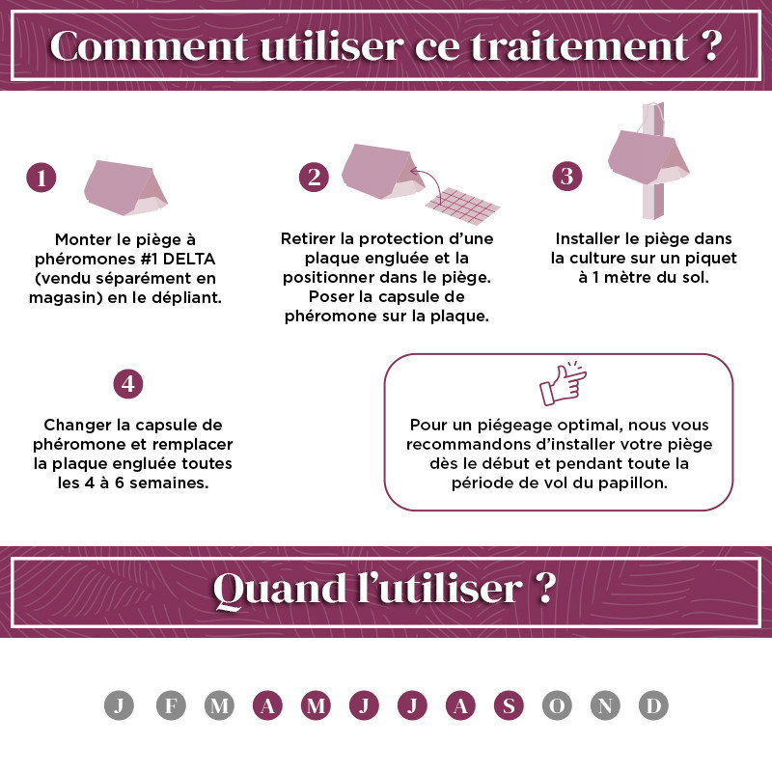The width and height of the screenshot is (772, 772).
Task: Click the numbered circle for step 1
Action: click(x=41, y=178)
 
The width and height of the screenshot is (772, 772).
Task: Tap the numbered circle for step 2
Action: click(x=315, y=178)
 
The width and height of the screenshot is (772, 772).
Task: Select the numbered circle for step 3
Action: click(x=567, y=177)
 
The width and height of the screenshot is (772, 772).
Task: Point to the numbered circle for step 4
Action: click(x=128, y=384)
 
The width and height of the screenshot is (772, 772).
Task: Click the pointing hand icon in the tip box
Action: click(x=563, y=384)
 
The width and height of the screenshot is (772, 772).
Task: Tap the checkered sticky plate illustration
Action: click(x=463, y=206)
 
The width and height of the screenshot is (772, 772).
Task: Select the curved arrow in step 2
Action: click(x=427, y=179)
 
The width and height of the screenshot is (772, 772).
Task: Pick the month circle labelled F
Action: click(x=171, y=705)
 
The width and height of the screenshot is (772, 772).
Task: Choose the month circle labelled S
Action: click(x=509, y=705)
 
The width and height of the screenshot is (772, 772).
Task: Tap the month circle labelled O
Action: click(x=557, y=705)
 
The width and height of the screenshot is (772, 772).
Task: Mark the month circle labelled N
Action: click(x=605, y=705)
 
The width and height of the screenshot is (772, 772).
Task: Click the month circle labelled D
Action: click(x=653, y=705)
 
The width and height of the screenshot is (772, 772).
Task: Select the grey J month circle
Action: click(x=119, y=705)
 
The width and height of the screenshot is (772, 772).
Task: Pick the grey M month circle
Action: click(x=219, y=705)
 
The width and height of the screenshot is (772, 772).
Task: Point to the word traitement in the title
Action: click(x=579, y=46)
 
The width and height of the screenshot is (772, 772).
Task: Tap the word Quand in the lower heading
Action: click(x=279, y=590)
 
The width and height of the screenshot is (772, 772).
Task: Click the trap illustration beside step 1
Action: click(x=125, y=187)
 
